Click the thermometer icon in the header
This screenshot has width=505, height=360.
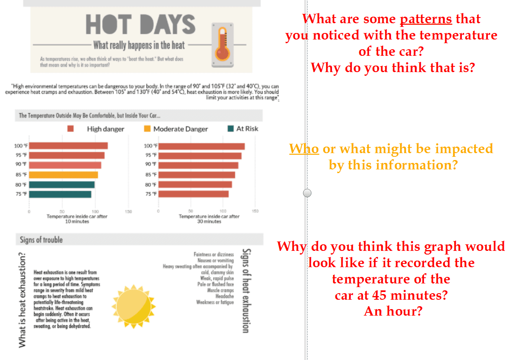(x=223, y=45)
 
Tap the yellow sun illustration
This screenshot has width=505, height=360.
(x=134, y=307)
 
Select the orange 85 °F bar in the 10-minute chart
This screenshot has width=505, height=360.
(x=63, y=175)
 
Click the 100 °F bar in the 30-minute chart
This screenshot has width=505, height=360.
(x=201, y=146)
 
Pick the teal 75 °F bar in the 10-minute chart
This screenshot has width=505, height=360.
(x=60, y=194)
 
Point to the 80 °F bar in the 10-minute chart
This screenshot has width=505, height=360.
(x=62, y=184)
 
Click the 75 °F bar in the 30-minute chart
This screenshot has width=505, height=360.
(x=193, y=194)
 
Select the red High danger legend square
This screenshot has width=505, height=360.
(x=70, y=129)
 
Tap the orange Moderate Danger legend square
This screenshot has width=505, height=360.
(x=147, y=129)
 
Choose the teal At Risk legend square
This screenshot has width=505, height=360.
(x=231, y=129)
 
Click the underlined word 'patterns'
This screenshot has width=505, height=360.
(x=426, y=20)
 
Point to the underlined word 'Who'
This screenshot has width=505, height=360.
(x=304, y=148)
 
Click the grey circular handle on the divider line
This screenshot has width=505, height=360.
(x=307, y=193)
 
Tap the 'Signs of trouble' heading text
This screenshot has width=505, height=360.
(x=41, y=239)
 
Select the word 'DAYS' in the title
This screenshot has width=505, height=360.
(x=168, y=24)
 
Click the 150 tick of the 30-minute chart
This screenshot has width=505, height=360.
(x=255, y=211)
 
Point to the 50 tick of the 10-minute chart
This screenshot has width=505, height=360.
(x=62, y=212)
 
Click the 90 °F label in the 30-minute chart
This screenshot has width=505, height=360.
(x=151, y=164)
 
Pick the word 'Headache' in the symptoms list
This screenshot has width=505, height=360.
(x=225, y=296)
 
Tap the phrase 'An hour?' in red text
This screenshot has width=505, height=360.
(x=393, y=311)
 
